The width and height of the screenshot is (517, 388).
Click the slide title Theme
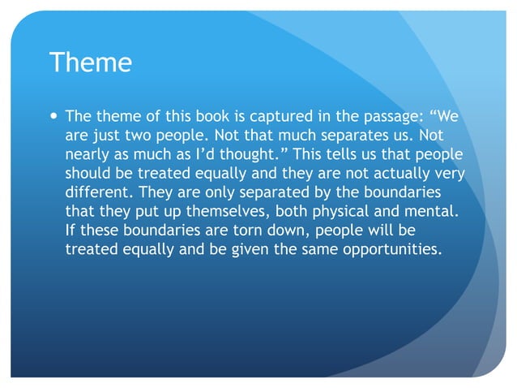[91, 63]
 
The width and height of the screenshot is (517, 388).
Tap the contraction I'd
[201, 155]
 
